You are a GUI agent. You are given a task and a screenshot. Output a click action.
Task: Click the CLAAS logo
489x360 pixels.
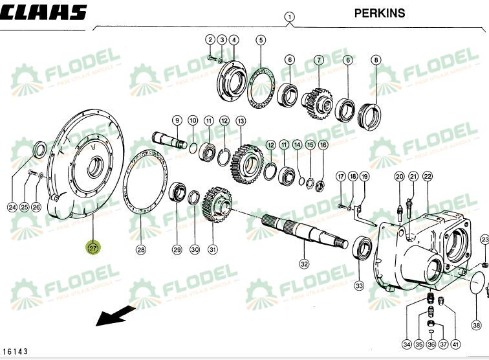43,13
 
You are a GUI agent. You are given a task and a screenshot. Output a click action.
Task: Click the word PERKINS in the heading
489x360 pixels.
380,12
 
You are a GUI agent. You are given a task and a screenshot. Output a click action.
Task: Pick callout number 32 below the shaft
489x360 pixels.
303,264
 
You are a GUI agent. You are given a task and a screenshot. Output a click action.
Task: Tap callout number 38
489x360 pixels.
476,325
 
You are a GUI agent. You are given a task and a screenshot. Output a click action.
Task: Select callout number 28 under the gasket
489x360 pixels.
141,249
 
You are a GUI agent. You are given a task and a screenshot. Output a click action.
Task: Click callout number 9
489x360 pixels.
176,120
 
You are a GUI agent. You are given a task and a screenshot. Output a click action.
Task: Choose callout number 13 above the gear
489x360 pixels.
241,120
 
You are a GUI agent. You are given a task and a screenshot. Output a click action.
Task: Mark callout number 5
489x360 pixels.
261,40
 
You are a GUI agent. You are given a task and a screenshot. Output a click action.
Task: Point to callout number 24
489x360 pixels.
12,207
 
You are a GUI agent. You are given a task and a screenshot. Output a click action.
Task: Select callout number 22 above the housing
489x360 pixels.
427,176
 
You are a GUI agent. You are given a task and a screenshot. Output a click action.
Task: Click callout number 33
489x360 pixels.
359,285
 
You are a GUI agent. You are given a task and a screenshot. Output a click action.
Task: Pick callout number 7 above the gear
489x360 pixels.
318,60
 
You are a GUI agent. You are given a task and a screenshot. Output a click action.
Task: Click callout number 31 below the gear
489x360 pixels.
212,249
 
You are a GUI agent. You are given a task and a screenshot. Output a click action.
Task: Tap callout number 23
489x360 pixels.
484,240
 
